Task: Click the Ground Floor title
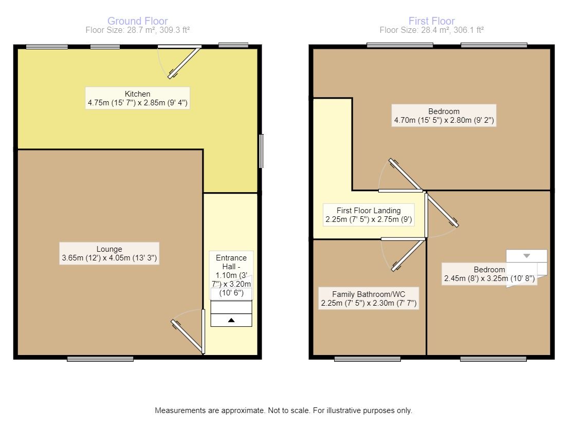point(137,21)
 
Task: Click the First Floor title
point(431,21)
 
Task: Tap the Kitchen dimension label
point(138,98)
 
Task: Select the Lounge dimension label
point(109,253)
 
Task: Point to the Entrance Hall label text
point(231,275)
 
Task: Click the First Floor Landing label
point(368,215)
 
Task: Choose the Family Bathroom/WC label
point(368,298)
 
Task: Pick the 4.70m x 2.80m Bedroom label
point(444,116)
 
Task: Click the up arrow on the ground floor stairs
point(231,320)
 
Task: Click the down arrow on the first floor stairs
point(526,256)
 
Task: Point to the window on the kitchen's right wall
point(262,151)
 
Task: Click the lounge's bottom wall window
point(100,359)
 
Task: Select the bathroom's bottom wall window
point(367,359)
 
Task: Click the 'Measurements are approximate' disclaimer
point(283,411)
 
